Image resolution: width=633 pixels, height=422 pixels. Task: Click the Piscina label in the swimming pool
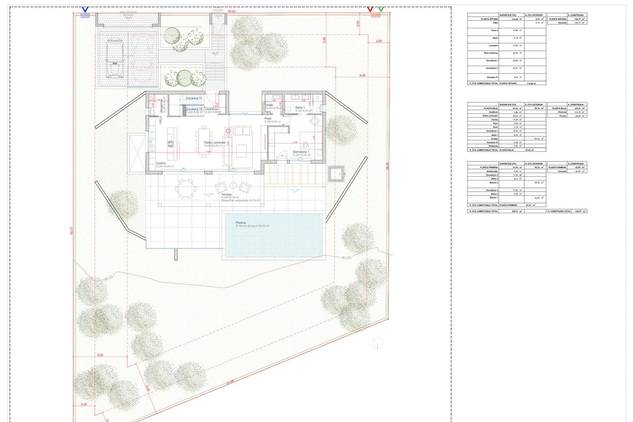coord(241,223)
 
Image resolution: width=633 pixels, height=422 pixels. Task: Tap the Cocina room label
coord(161,163)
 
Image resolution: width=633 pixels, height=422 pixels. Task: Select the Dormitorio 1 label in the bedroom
coord(301,152)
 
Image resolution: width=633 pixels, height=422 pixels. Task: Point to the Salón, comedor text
coord(214,143)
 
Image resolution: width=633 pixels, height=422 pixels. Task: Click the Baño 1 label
coord(300,108)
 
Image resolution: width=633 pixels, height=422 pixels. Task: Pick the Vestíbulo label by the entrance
coord(211,109)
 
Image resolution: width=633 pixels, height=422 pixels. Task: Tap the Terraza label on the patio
coord(226,194)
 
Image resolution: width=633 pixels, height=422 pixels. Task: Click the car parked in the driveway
coord(115,59)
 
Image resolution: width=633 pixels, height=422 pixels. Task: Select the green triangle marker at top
coord(381,9)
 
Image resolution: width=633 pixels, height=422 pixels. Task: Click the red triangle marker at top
coord(370,9)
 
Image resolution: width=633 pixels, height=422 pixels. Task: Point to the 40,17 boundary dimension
coord(72,231)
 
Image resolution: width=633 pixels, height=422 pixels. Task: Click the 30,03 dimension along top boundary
coord(231,11)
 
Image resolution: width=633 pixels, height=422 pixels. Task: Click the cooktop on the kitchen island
coord(171,144)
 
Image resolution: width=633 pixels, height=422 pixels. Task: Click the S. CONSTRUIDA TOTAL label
coord(559,211)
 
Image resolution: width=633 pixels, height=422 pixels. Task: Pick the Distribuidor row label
coord(492,171)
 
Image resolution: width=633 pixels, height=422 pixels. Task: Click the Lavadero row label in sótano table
coord(493,46)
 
